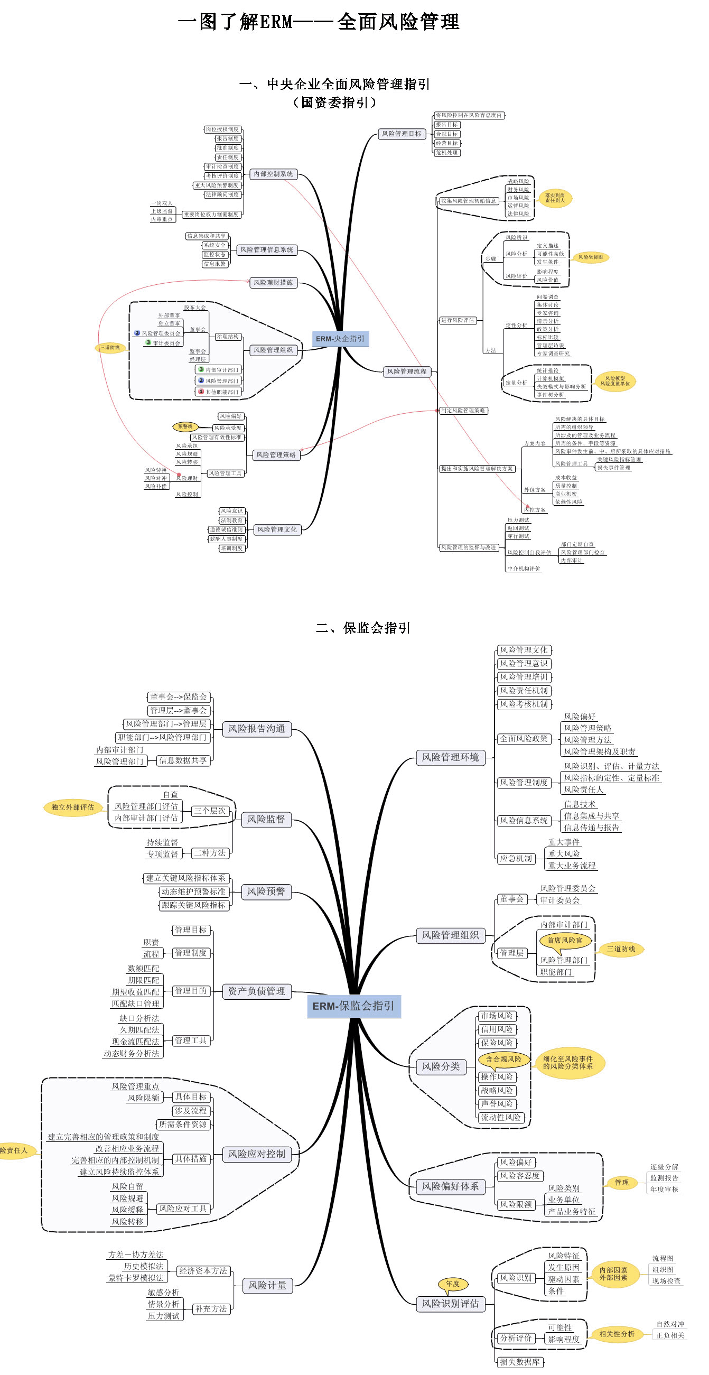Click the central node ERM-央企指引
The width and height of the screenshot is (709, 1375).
340,338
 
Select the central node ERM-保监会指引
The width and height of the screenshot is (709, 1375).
353,1006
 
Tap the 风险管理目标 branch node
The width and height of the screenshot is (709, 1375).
401,134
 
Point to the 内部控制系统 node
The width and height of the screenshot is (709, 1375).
273,174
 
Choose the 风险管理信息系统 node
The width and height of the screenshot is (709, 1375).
266,249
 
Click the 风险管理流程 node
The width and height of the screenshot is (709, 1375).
406,371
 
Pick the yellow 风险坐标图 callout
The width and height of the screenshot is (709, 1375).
591,257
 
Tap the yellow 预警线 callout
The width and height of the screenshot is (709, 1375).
185,426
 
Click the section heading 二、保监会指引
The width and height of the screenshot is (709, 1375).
363,628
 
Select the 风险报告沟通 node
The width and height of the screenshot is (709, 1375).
257,729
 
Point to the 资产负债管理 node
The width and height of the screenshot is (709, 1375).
257,991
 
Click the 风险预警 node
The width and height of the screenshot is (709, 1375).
266,891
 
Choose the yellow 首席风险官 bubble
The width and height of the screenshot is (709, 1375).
565,940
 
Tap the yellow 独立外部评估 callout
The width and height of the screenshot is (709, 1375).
72,807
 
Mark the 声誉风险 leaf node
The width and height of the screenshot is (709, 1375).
497,1103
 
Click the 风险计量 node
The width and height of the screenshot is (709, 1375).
267,1285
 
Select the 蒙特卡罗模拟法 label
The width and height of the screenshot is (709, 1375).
136,1278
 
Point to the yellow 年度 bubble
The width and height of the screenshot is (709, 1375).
452,1284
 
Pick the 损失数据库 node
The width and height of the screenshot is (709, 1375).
520,1362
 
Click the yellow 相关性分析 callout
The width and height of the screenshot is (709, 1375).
617,1334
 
